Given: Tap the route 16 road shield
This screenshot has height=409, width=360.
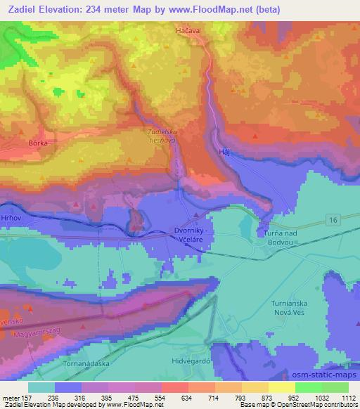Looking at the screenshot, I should coord(333,221).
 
